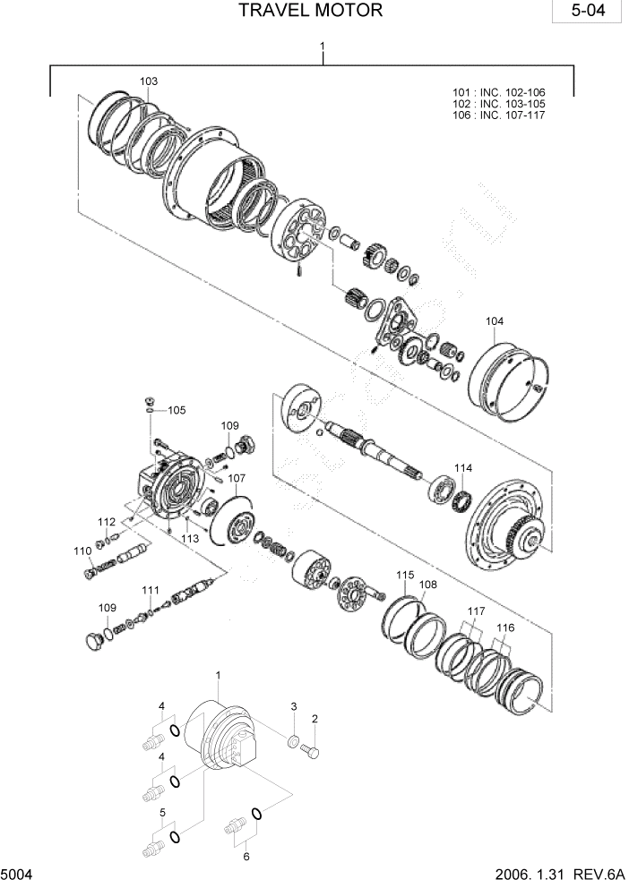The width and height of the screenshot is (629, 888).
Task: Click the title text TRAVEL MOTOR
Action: click(x=311, y=11)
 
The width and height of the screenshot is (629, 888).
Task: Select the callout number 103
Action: click(x=149, y=81)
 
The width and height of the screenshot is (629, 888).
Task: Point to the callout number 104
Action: click(x=495, y=321)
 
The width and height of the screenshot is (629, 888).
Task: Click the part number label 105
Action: click(x=177, y=410)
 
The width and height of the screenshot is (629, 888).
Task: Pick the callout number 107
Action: click(x=237, y=478)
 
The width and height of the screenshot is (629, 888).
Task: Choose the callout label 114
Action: click(x=462, y=468)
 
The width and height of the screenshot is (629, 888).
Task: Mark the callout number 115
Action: click(x=405, y=574)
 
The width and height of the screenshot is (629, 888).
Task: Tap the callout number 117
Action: click(x=475, y=611)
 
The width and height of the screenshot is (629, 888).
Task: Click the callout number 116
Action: click(x=506, y=628)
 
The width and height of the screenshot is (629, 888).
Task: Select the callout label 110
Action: click(x=82, y=551)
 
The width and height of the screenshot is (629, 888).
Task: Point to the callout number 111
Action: click(x=151, y=589)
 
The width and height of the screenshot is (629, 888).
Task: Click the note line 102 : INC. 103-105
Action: click(x=499, y=104)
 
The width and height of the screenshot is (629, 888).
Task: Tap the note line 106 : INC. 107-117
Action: click(x=499, y=115)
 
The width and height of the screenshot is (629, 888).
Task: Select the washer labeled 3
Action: click(x=293, y=741)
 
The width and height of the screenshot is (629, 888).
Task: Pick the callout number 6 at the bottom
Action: click(x=246, y=856)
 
